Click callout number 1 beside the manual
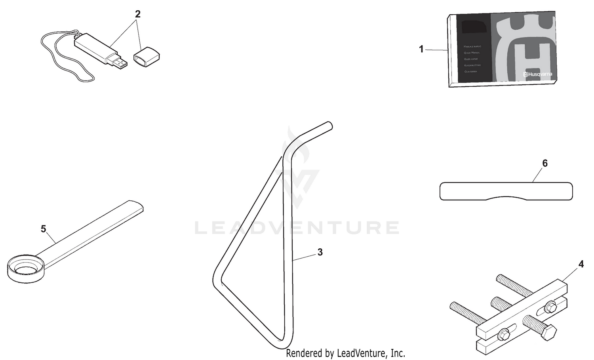pyautogui.click(x=421, y=50)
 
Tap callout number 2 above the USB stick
pyautogui.click(x=137, y=14)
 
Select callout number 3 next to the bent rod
pyautogui.click(x=320, y=252)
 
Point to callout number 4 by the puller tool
pyautogui.click(x=581, y=264)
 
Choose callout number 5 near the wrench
pyautogui.click(x=44, y=229)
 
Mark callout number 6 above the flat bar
pyautogui.click(x=545, y=163)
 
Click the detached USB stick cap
pyautogui.click(x=146, y=56)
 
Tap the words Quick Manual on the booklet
pyautogui.click(x=472, y=53)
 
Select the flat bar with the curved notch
pyautogui.click(x=506, y=191)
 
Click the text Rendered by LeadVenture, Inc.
pyautogui.click(x=345, y=353)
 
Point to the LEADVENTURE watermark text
pyautogui.click(x=297, y=228)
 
